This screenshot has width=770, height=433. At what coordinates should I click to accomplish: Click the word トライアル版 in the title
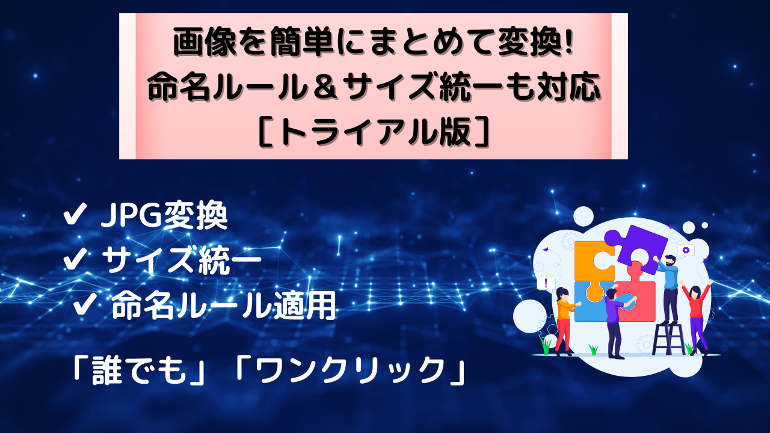tap(375, 132)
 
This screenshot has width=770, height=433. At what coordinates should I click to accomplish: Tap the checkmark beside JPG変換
tap(75, 213)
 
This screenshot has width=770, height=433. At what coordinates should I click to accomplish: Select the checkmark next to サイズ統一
tap(75, 259)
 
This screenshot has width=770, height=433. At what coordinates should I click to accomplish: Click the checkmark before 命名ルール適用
tap(85, 304)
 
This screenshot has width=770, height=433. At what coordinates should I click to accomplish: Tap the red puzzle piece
tap(636, 295)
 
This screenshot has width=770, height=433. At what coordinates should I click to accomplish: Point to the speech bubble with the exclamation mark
tap(546, 284)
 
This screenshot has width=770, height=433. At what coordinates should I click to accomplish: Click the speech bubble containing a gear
tap(686, 251)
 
